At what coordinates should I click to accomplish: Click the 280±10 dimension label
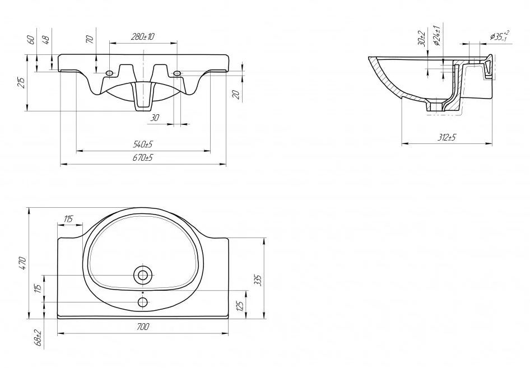143,36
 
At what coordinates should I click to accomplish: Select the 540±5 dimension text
143,145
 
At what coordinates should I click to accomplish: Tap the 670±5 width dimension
143,158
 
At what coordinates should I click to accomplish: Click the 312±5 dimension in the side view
447,138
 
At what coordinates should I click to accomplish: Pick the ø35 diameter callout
500,36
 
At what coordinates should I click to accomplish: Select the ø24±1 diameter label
436,35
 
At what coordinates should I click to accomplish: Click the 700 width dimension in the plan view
143,327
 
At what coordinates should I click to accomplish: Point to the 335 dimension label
258,281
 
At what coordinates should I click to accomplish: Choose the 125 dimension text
240,305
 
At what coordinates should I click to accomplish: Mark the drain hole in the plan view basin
143,275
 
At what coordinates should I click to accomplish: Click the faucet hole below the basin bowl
143,302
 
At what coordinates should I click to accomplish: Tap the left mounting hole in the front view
109,73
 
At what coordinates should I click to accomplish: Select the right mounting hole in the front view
177,73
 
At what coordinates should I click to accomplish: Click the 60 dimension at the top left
31,40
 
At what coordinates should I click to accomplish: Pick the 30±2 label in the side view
421,38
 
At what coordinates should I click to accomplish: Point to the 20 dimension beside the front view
238,95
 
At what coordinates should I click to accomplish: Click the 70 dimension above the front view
90,39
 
